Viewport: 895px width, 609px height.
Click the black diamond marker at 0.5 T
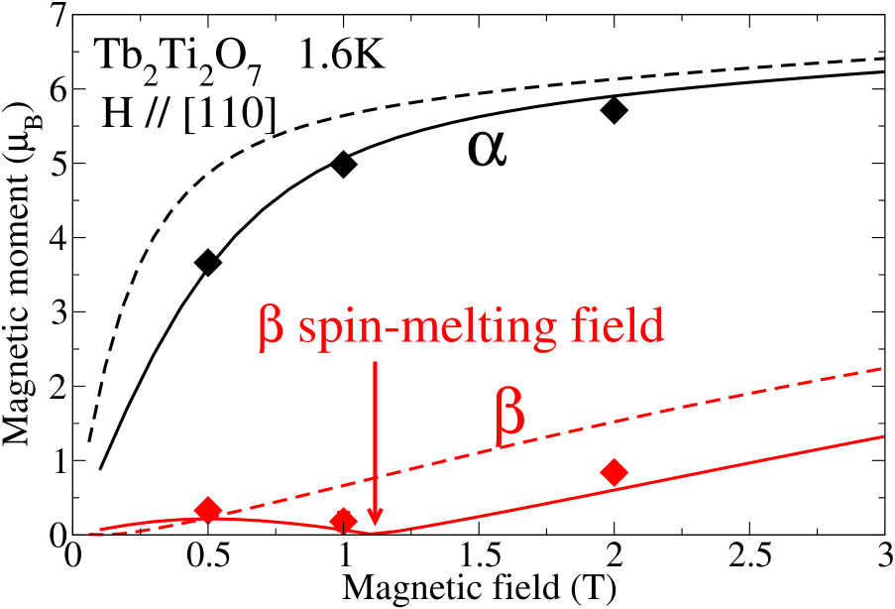pyautogui.click(x=207, y=263)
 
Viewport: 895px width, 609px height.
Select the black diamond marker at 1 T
pyautogui.click(x=344, y=165)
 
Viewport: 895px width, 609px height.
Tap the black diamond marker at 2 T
pyautogui.click(x=615, y=110)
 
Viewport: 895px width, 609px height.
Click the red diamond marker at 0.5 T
pyautogui.click(x=207, y=510)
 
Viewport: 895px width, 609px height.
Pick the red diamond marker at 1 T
pyautogui.click(x=344, y=521)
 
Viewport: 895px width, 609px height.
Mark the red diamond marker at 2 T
pyautogui.click(x=615, y=472)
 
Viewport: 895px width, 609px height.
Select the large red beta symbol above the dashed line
pyautogui.click(x=507, y=418)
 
